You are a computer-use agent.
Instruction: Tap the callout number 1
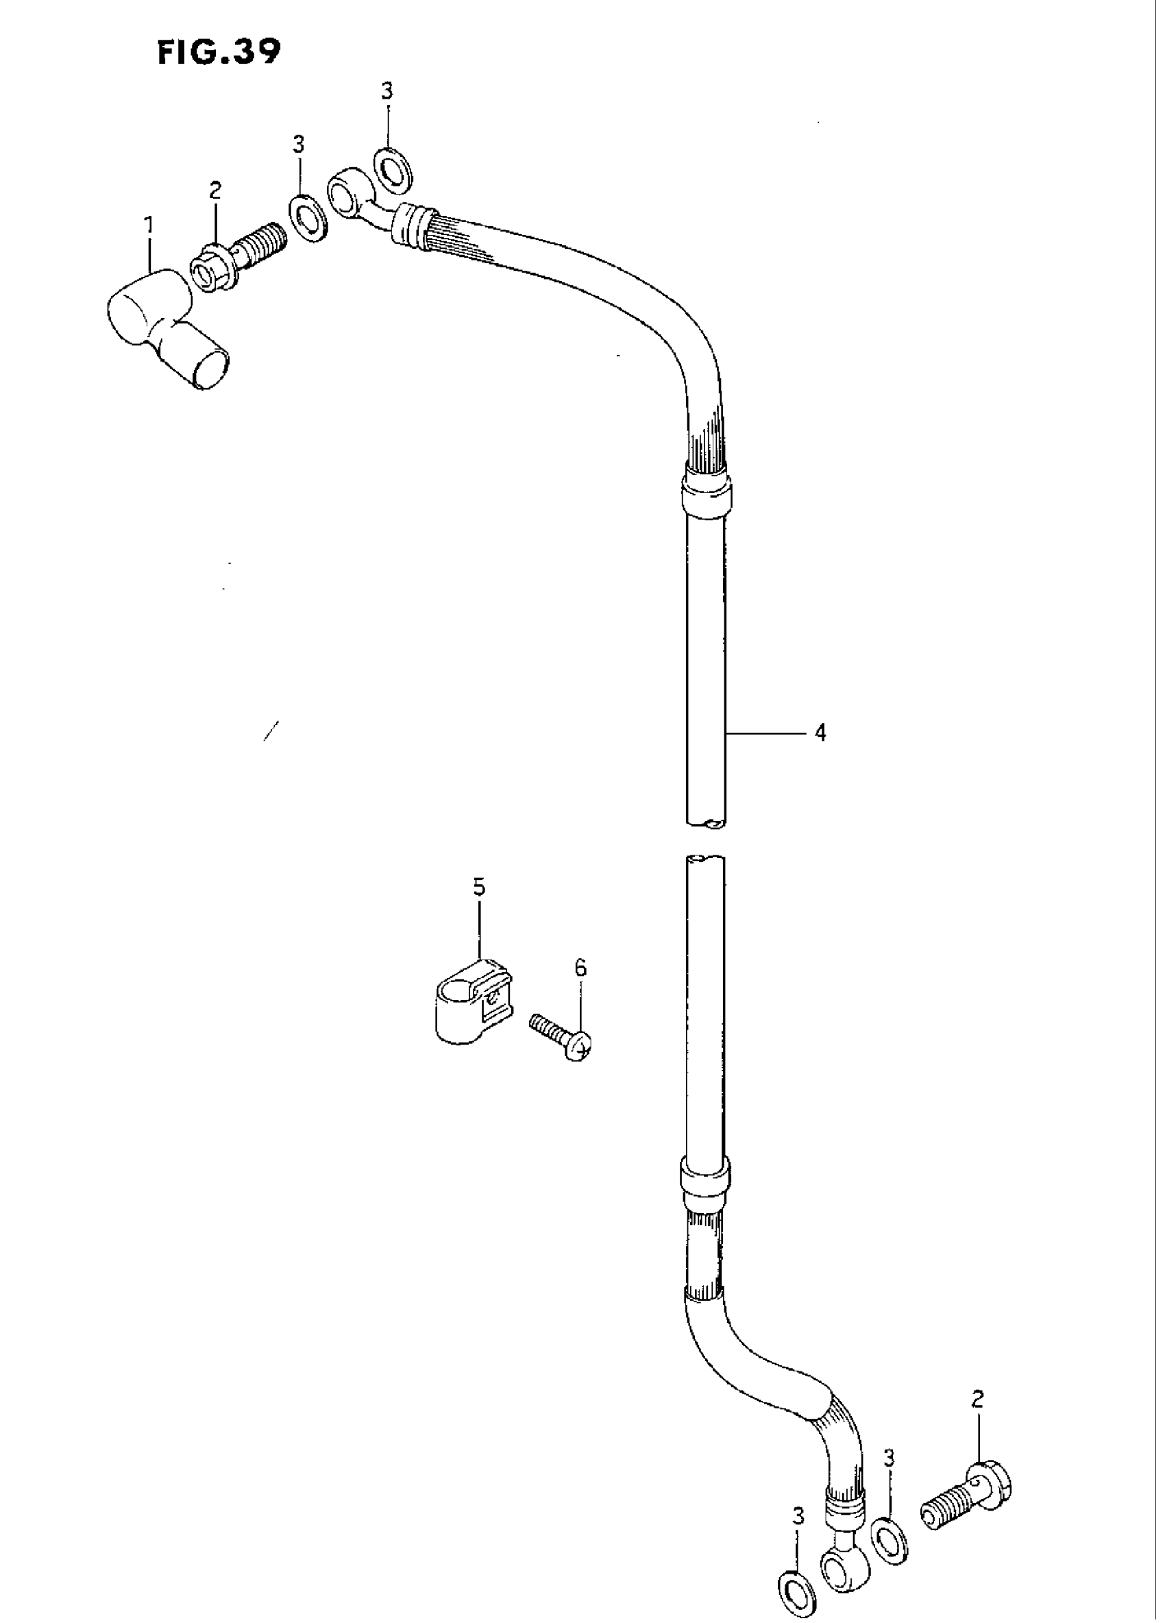tap(149, 226)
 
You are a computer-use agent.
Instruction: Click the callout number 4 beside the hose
tap(820, 733)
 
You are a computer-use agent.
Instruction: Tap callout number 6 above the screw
tap(580, 968)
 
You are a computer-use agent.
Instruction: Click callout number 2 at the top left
tap(214, 191)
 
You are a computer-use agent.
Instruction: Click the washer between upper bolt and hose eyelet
tap(308, 217)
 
